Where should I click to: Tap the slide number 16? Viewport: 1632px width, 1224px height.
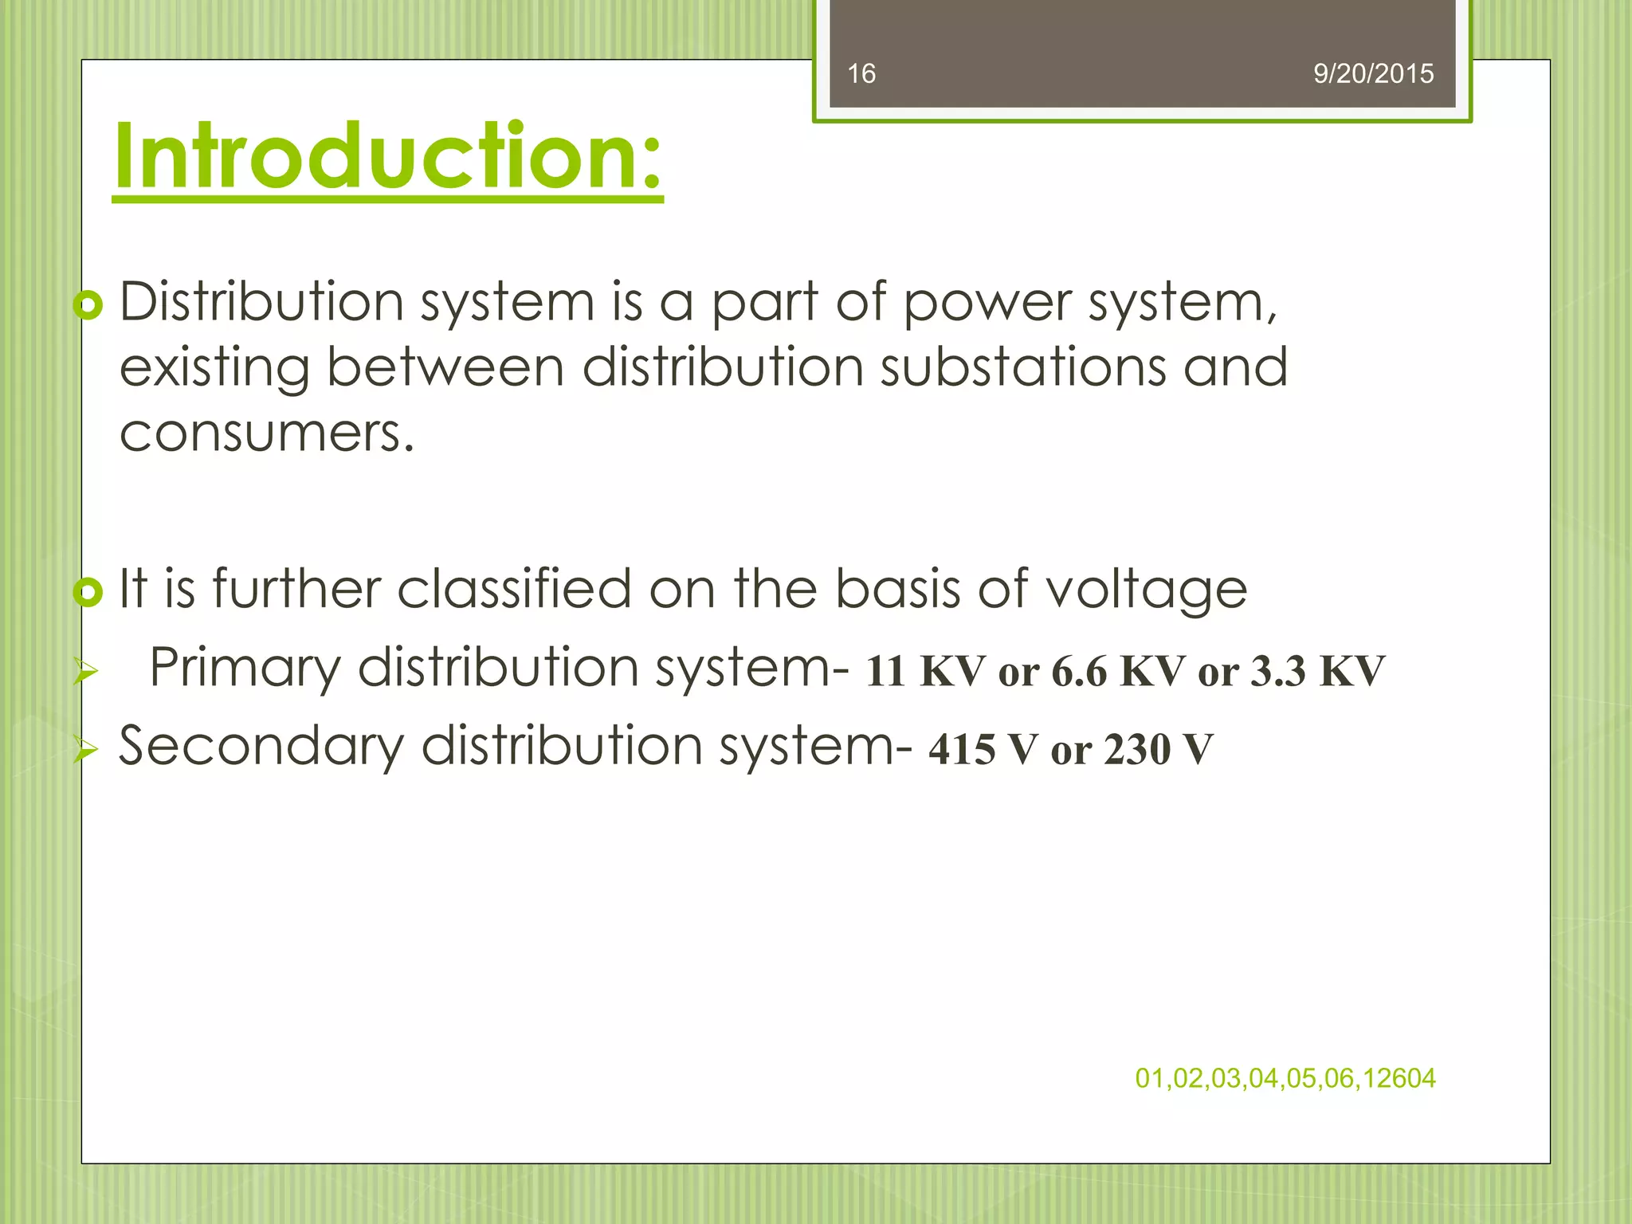tap(861, 74)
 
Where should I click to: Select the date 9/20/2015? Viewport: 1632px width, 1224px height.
tap(1373, 74)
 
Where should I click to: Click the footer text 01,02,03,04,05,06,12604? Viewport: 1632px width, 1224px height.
tap(1285, 1078)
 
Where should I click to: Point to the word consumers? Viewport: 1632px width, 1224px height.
tap(267, 434)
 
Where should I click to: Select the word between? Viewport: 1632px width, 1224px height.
tap(445, 367)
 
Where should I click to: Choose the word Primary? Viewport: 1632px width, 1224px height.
tap(245, 669)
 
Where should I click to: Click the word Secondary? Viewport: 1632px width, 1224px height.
tap(261, 747)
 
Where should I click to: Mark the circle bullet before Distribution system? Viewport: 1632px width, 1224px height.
tap(88, 306)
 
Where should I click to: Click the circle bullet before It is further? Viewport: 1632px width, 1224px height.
tap(88, 592)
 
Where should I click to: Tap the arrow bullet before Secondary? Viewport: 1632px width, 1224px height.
tap(84, 750)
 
